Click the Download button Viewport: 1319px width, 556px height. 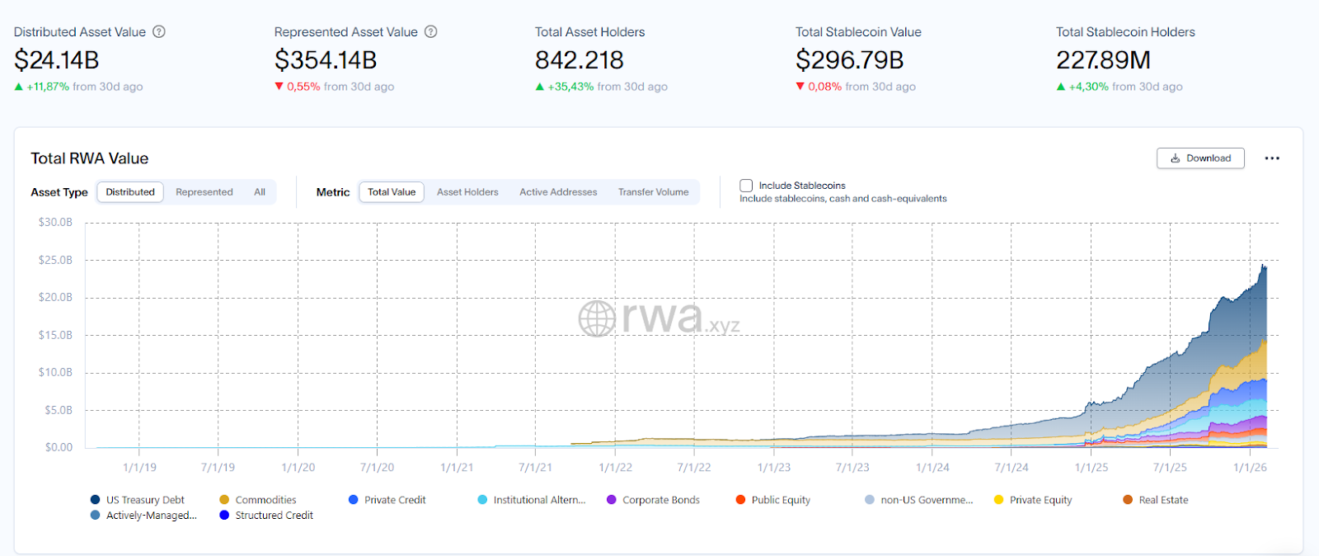[1200, 158]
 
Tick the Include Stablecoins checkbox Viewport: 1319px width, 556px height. [746, 186]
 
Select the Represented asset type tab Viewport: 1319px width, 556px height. [204, 192]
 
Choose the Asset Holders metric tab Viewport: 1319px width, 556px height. [467, 192]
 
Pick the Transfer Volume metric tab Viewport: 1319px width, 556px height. [653, 192]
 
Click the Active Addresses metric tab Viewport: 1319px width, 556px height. [558, 192]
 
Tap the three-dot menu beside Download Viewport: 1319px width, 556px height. [1272, 158]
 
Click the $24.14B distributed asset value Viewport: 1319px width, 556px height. [57, 60]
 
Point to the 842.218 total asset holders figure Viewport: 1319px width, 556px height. [579, 60]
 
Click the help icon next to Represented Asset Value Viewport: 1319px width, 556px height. [430, 32]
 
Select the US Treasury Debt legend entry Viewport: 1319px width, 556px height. [144, 500]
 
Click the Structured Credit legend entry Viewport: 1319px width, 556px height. [273, 516]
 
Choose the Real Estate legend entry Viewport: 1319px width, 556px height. [1162, 500]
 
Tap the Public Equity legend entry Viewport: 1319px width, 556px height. [780, 500]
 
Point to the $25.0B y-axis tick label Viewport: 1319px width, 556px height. [55, 260]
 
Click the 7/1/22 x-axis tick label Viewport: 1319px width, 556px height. [693, 468]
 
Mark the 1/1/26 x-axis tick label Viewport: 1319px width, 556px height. [1250, 468]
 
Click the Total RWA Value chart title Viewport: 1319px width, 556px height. [90, 158]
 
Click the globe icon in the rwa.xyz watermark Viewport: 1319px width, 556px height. [597, 318]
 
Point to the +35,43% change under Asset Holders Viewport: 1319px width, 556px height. [570, 87]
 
